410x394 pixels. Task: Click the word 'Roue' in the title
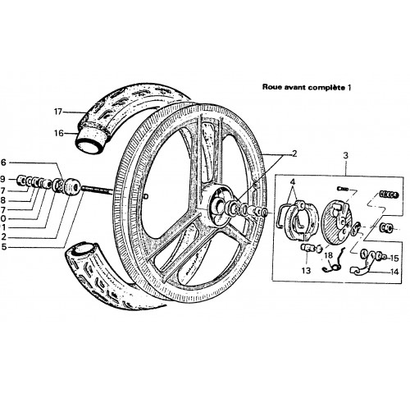[271, 87]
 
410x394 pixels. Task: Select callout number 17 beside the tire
[58, 112]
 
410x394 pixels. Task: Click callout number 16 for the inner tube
[58, 133]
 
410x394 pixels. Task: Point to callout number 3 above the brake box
[346, 156]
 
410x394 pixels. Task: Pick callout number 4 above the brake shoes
[293, 181]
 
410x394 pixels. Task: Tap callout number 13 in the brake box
[306, 271]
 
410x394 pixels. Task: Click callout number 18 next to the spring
[329, 255]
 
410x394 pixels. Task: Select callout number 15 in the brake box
[394, 258]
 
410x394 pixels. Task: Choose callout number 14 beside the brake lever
[394, 272]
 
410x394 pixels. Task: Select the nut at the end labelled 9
[21, 180]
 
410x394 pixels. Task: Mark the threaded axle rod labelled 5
[98, 190]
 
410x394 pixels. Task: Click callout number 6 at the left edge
[2, 163]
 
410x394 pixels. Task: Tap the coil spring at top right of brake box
[389, 195]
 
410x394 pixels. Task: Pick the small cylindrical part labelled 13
[307, 248]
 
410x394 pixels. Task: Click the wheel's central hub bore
[219, 206]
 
